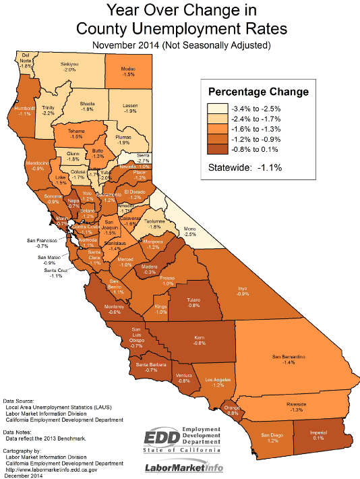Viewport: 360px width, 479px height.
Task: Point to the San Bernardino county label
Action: (289, 355)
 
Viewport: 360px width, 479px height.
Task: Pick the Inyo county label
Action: (243, 288)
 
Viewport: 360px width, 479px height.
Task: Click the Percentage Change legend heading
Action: (258, 92)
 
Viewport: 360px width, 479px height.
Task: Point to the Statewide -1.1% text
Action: (245, 167)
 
